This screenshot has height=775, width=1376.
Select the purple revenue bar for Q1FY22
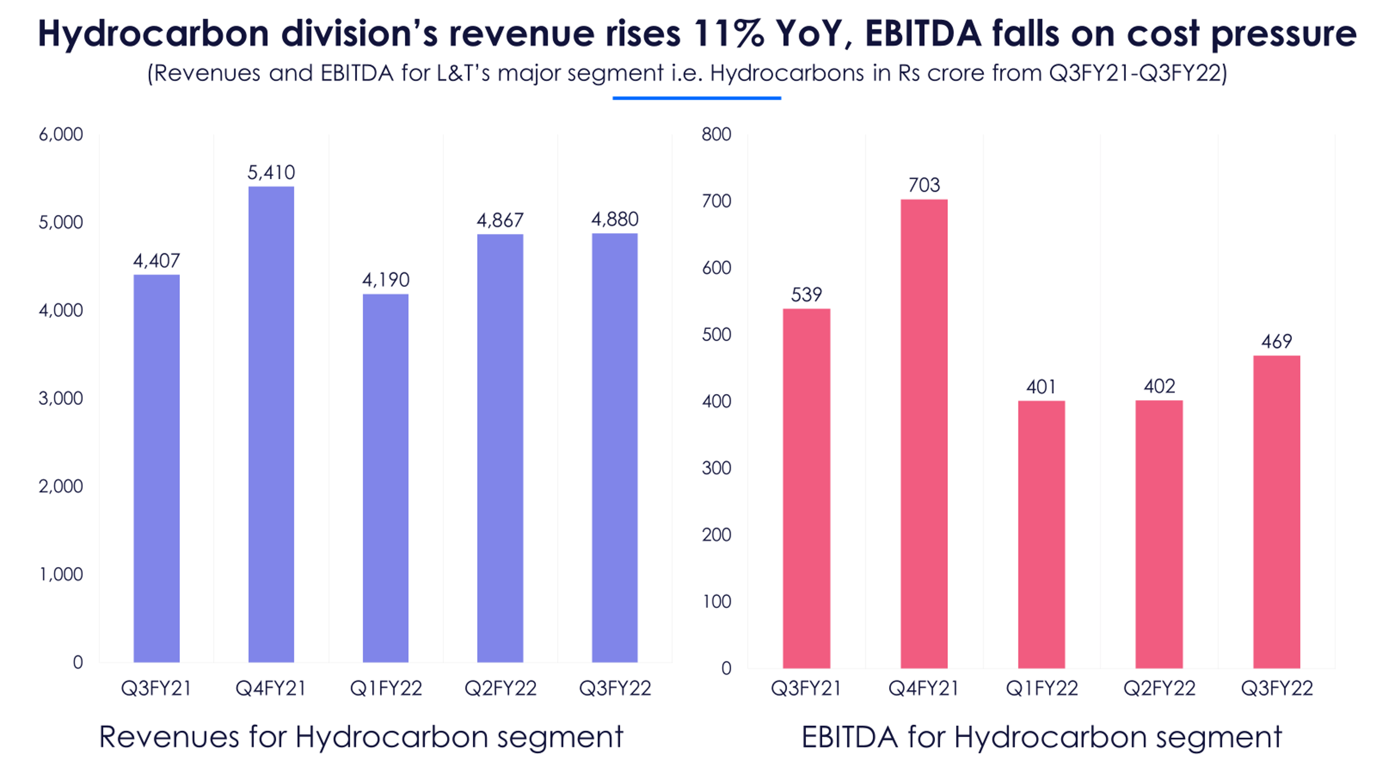tap(385, 478)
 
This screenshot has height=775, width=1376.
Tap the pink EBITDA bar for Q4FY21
tap(924, 433)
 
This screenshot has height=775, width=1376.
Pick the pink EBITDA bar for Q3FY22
tap(1276, 512)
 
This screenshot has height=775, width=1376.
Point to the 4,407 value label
tap(157, 261)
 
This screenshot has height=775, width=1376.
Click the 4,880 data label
tap(614, 219)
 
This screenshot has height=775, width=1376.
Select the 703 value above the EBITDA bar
tap(924, 185)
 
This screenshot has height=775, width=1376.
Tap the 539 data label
tap(806, 295)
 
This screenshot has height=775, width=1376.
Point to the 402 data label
tap(1159, 386)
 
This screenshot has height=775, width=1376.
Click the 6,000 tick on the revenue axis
tap(61, 134)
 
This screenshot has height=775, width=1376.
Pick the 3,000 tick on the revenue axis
tap(61, 398)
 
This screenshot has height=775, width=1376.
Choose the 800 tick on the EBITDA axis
tap(716, 134)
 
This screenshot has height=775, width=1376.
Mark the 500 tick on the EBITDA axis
tap(716, 335)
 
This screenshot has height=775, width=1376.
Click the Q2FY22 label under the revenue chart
tap(500, 688)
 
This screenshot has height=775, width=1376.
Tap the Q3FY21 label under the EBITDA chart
tap(806, 688)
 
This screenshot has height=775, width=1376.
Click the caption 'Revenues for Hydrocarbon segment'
tap(361, 737)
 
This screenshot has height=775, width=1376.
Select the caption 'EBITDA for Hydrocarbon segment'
tap(1041, 737)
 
